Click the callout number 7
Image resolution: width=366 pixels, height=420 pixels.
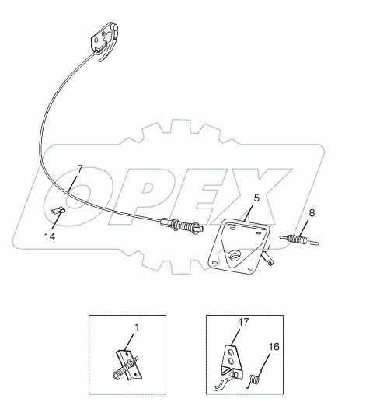[x=80, y=170]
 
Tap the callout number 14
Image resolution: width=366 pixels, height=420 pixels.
[x=50, y=236]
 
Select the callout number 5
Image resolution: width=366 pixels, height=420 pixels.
[x=256, y=198]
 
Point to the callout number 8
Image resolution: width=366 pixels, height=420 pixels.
[x=312, y=213]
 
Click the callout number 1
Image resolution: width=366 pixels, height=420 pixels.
[x=137, y=327]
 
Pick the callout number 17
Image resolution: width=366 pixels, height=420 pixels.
[x=243, y=322]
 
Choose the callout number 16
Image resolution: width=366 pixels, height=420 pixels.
[x=274, y=347]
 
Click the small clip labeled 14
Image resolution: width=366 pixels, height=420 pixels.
[x=58, y=210]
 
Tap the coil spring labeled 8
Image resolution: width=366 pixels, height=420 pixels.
[x=299, y=240]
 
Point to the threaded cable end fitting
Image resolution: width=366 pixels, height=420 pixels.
[x=182, y=226]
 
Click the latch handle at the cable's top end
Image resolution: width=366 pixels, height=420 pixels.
[x=105, y=40]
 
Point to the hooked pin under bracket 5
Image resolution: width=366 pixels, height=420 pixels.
[x=268, y=258]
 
